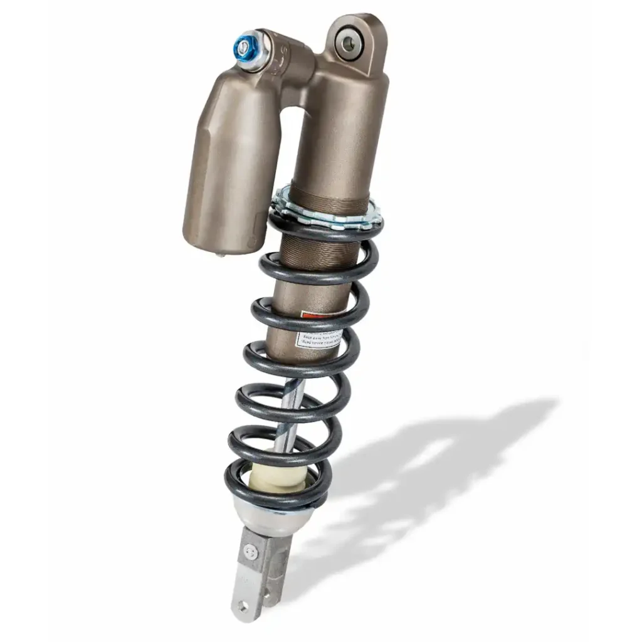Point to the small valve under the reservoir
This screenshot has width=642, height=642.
pos(221,255)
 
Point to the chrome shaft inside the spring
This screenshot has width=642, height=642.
pos(288,414)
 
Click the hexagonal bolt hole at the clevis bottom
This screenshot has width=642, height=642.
pos(242,606)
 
